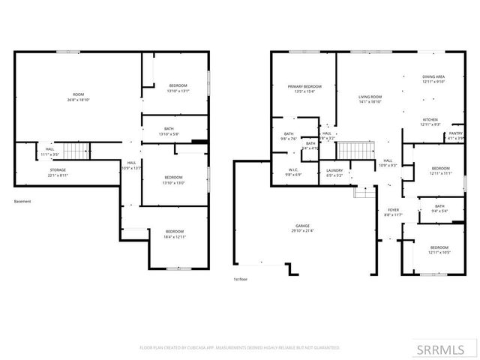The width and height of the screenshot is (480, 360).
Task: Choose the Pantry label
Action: tap(455, 136)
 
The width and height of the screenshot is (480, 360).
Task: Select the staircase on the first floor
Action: tap(347, 150)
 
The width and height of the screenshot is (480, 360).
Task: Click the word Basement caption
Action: tap(23, 201)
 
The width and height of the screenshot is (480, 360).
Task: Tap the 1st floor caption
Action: tap(241, 279)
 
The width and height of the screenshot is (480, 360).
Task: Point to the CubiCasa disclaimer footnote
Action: tap(240, 348)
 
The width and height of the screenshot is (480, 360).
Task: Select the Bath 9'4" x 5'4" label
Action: tap(439, 208)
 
